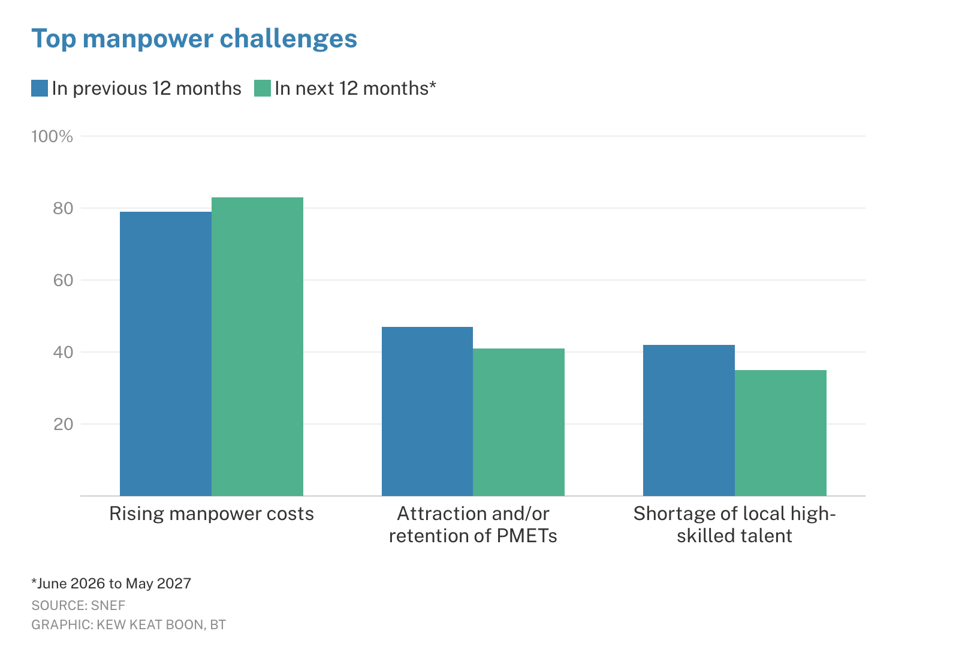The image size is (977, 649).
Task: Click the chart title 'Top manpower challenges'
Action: pyautogui.click(x=194, y=39)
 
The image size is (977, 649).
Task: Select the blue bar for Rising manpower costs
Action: pyautogui.click(x=166, y=354)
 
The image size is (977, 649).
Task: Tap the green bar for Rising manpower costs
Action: pyautogui.click(x=257, y=347)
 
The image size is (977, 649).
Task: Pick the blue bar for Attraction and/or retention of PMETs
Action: pyautogui.click(x=427, y=411)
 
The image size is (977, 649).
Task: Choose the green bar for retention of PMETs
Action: pyautogui.click(x=518, y=422)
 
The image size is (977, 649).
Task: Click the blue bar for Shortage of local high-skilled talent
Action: pyautogui.click(x=689, y=420)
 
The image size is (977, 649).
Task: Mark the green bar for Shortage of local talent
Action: pyautogui.click(x=781, y=433)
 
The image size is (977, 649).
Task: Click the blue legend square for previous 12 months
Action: pyautogui.click(x=40, y=88)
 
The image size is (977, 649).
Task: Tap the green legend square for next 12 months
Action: pyautogui.click(x=263, y=88)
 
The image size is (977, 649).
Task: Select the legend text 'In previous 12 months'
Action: pyautogui.click(x=146, y=89)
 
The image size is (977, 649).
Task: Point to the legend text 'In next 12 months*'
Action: pyautogui.click(x=355, y=89)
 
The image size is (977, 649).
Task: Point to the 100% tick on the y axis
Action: pyautogui.click(x=52, y=137)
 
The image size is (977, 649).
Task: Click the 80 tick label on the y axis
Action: pyautogui.click(x=64, y=209)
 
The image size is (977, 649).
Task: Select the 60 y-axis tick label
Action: pyautogui.click(x=64, y=280)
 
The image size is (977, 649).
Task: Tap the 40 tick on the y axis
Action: pyautogui.click(x=64, y=352)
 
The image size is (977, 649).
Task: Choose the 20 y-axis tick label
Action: pyautogui.click(x=64, y=424)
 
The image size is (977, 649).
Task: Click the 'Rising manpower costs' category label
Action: pyautogui.click(x=212, y=513)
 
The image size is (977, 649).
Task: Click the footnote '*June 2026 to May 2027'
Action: pyautogui.click(x=111, y=584)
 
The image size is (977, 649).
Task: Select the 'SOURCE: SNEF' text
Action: pyautogui.click(x=79, y=605)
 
